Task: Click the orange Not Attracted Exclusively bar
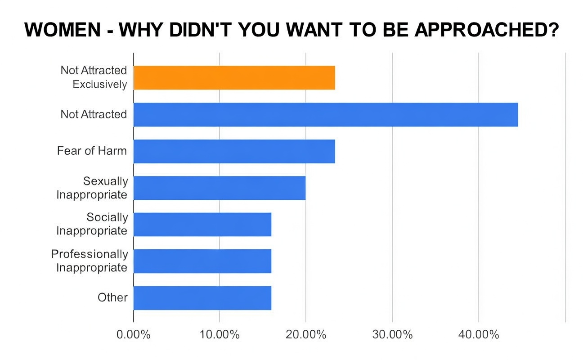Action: tap(234, 77)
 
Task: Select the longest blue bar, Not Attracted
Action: tap(326, 114)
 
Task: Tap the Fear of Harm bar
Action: tap(234, 151)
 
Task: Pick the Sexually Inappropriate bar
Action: tap(220, 188)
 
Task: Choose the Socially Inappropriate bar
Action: tap(202, 224)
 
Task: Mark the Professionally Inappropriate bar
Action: tap(202, 261)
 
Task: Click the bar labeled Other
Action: tap(202, 297)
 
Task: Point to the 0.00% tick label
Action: tap(134, 335)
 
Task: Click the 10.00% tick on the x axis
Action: tap(220, 335)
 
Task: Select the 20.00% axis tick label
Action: tap(306, 335)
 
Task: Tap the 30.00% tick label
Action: tap(392, 335)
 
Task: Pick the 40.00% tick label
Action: tap(479, 335)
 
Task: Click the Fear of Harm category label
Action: tap(92, 151)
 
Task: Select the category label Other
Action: tap(112, 297)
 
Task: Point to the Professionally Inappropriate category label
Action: tap(90, 261)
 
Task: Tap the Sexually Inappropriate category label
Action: tap(92, 188)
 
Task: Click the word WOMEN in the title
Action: tap(63, 30)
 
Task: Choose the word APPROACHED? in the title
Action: tap(486, 30)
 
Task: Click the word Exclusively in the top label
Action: tap(99, 84)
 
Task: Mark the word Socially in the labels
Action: tap(107, 217)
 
